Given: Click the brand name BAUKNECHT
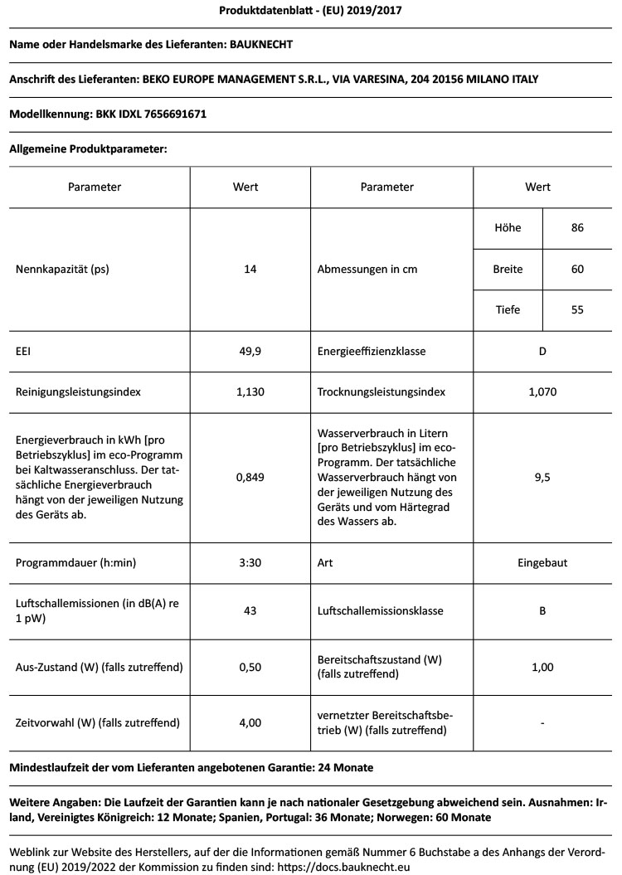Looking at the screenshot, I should point(260,44).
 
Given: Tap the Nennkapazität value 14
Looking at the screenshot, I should point(250,270).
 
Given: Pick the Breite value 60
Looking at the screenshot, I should point(577,270).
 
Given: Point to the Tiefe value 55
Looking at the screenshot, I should point(577,310).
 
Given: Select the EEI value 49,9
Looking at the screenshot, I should point(250,352).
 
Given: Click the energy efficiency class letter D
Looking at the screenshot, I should point(542,352).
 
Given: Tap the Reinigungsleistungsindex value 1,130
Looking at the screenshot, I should point(250,391).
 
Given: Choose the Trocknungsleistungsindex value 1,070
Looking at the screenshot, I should point(542,391).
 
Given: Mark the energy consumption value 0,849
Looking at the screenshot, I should point(250,477).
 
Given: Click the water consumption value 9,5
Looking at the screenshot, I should point(542,477).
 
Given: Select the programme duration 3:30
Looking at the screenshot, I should point(250,562).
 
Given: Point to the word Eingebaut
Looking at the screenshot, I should point(542,562).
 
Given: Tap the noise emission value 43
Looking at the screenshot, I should point(250,611).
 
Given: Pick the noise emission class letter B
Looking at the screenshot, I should point(542,611).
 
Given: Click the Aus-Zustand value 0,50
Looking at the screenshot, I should point(250,667).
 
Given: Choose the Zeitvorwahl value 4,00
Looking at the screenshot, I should point(250,723).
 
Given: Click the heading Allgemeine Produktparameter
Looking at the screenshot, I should point(89,149).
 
